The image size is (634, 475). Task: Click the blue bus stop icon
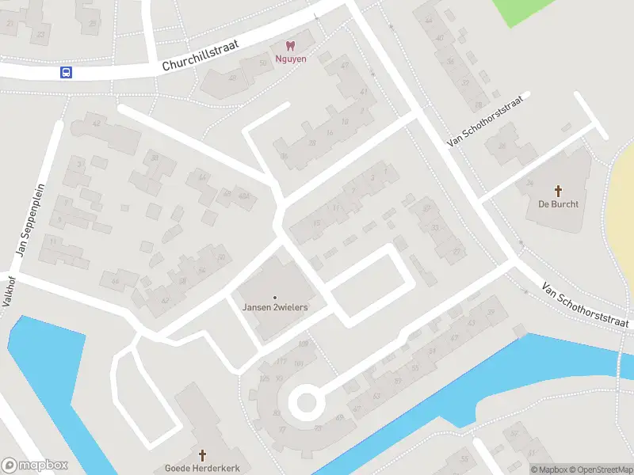point(66,73)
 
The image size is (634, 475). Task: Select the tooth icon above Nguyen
point(289,46)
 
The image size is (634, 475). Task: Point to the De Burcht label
point(558,203)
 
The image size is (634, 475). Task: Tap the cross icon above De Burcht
point(558,190)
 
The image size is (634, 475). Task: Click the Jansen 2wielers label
point(275,307)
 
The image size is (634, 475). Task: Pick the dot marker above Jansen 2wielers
point(275,298)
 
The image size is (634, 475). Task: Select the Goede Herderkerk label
point(202,468)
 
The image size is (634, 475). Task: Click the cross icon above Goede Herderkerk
point(202,455)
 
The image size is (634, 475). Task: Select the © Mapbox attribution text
point(550,469)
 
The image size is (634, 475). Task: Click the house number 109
point(303,343)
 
